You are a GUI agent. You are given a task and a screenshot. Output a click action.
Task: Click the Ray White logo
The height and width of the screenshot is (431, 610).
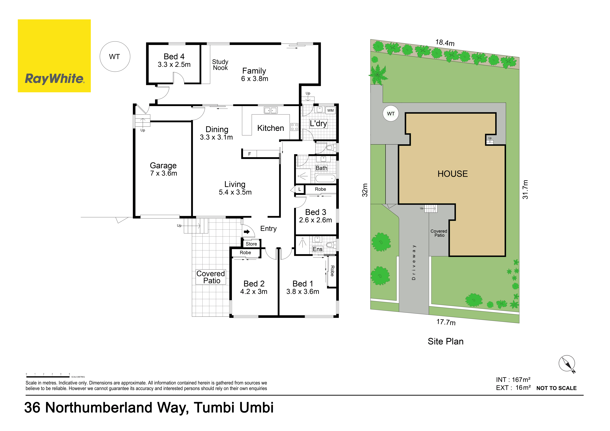coord(54,56)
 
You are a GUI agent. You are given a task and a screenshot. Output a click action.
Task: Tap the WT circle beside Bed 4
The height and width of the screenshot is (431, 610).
coord(115,57)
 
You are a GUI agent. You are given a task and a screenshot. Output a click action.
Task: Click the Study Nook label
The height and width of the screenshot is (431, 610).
coord(220,65)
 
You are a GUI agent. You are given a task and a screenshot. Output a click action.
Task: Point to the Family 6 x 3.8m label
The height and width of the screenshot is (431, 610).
coord(254,75)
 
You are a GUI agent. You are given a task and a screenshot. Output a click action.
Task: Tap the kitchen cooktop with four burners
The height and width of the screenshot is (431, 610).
coord(294,127)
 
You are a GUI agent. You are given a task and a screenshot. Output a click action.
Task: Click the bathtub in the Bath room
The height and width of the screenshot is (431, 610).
coord(325,178)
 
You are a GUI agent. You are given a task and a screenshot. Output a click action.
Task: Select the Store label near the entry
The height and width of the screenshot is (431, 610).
coord(251,244)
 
